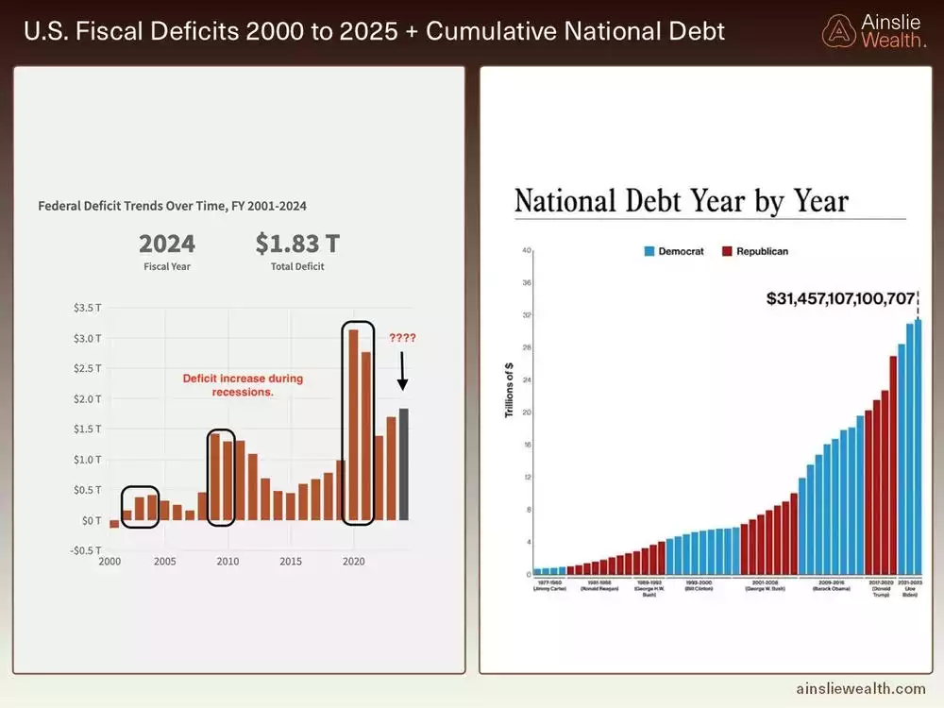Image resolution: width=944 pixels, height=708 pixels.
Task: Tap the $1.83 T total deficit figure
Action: (296, 244)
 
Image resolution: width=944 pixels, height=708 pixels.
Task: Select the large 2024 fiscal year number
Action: (167, 244)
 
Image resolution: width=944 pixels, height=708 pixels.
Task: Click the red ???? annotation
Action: (401, 337)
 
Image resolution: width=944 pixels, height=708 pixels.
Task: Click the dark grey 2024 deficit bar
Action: (404, 464)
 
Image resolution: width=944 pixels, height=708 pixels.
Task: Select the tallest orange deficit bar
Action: (353, 424)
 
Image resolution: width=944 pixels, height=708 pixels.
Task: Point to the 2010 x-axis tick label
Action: (227, 562)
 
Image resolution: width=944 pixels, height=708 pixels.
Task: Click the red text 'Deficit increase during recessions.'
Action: (243, 385)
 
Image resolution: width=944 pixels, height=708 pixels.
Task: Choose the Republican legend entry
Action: (755, 251)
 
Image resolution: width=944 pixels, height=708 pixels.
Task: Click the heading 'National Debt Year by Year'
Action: (681, 201)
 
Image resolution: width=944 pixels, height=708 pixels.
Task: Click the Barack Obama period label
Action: (832, 586)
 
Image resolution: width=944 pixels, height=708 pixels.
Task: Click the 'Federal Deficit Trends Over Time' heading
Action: (172, 205)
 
